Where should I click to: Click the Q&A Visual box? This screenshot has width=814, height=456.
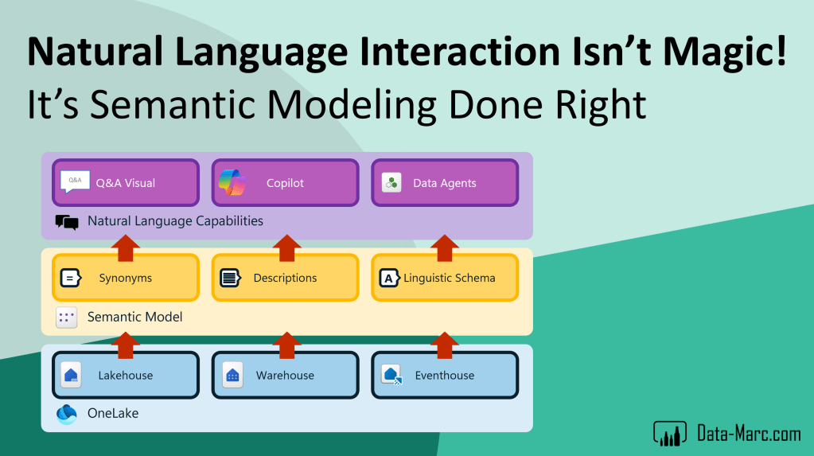(x=126, y=183)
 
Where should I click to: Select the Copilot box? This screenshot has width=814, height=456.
(x=285, y=183)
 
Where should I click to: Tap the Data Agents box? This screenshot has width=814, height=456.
(x=445, y=183)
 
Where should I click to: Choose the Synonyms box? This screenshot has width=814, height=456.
(x=126, y=278)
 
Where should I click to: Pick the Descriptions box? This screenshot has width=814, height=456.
(x=285, y=278)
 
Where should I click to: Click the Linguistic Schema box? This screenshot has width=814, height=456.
(x=445, y=278)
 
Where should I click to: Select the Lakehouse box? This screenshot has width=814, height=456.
(x=126, y=375)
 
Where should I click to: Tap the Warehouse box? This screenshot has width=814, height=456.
(x=285, y=375)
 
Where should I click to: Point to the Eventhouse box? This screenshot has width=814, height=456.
(x=445, y=375)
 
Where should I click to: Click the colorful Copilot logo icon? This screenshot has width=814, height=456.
(x=232, y=182)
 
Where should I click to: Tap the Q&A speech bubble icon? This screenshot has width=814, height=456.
(x=75, y=181)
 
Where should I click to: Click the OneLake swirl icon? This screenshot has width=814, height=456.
(x=67, y=414)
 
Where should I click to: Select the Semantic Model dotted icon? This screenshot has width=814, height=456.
(x=67, y=318)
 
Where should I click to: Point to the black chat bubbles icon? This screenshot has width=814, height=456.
(x=67, y=222)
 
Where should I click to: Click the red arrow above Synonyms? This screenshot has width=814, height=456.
(x=126, y=248)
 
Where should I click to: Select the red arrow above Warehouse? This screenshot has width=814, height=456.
(x=287, y=345)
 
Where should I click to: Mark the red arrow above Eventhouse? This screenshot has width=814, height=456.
(x=444, y=345)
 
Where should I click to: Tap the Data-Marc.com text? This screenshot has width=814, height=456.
(x=749, y=434)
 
